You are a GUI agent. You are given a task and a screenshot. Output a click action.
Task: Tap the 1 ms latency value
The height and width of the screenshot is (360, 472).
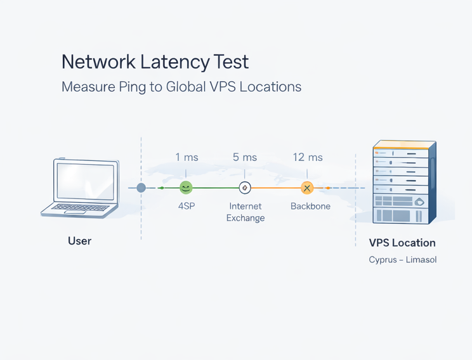click(x=186, y=157)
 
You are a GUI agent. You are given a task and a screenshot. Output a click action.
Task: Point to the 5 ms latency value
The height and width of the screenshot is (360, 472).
click(x=245, y=157)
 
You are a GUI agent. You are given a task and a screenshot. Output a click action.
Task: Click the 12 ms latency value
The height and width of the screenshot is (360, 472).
click(x=308, y=157)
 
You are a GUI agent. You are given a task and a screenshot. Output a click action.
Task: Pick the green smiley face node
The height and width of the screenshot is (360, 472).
click(x=186, y=188)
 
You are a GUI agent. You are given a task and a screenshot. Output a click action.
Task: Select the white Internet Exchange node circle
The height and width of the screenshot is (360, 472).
click(x=245, y=188)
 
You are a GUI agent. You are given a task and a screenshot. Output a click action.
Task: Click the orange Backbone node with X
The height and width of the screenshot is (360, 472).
click(x=307, y=188)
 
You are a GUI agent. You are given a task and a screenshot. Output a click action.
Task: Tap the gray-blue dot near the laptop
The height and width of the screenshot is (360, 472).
click(x=141, y=188)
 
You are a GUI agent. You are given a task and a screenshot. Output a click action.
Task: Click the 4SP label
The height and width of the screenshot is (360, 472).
click(x=186, y=207)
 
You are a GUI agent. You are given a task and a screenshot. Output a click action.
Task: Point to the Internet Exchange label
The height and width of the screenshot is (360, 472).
click(x=245, y=212)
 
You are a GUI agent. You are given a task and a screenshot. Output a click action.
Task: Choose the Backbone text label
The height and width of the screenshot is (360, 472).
click(x=310, y=207)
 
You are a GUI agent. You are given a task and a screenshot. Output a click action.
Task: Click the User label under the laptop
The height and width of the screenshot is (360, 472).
click(x=80, y=241)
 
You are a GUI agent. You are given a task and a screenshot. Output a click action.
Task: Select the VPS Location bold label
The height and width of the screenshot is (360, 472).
click(x=402, y=243)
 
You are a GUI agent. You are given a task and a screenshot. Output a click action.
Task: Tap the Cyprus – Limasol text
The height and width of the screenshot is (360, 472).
click(x=402, y=260)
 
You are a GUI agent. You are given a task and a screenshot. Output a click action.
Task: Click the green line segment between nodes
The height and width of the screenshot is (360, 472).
click(x=216, y=188)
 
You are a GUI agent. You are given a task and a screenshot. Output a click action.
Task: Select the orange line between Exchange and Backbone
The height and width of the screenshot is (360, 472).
click(x=276, y=188)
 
